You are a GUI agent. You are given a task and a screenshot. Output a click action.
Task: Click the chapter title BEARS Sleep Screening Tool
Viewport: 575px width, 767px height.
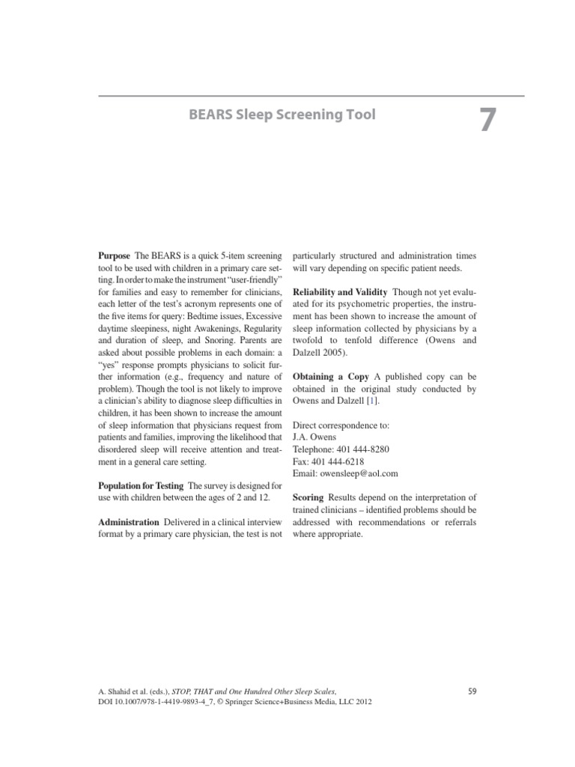click(x=281, y=115)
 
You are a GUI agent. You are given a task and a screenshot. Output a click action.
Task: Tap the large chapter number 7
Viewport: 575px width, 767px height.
click(x=486, y=121)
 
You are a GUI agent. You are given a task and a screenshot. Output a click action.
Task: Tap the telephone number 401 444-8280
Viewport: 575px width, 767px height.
click(x=363, y=449)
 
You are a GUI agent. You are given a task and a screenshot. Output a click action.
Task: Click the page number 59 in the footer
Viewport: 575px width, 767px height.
click(x=472, y=691)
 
